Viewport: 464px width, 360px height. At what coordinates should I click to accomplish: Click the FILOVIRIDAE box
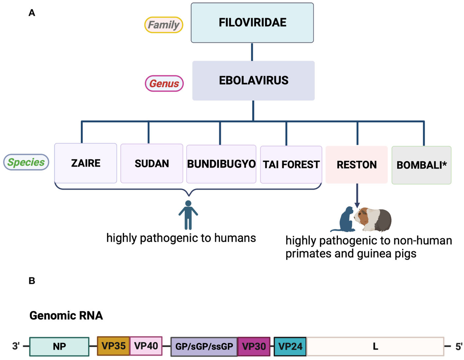(x=252, y=23)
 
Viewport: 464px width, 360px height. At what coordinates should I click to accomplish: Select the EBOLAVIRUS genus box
(x=253, y=81)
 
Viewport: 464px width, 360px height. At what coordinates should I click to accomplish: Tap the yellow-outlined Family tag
(x=164, y=25)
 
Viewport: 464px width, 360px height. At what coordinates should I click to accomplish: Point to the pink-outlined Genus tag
(x=164, y=83)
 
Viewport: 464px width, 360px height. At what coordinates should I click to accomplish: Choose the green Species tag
(x=26, y=162)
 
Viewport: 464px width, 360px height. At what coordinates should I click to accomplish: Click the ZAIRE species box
(x=85, y=163)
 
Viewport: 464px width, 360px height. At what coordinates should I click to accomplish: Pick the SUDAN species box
(x=152, y=163)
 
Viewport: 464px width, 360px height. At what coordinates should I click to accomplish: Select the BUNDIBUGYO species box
(x=221, y=164)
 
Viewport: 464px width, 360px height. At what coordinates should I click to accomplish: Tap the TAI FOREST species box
(x=291, y=164)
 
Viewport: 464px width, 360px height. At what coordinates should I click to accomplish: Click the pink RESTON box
(x=357, y=165)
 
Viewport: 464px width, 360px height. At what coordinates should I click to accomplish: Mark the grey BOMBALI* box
(x=421, y=165)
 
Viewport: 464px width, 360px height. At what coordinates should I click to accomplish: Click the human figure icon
(x=188, y=214)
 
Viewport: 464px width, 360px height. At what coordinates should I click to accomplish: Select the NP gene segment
(x=60, y=346)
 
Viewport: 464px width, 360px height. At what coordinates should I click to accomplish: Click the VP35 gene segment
(x=113, y=345)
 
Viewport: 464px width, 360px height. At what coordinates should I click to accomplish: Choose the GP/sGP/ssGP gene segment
(x=204, y=346)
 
